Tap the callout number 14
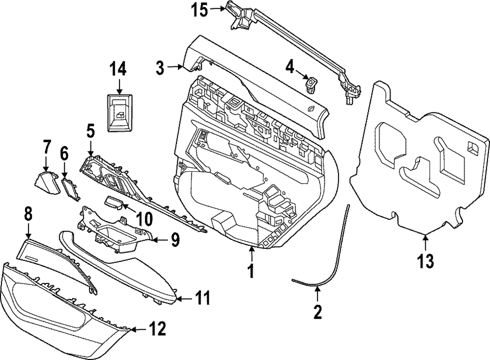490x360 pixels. [x=119, y=70]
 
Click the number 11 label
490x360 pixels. [x=202, y=297]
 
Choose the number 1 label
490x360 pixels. [x=251, y=271]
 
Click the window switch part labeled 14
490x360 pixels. [x=119, y=114]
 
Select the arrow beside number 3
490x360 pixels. [x=174, y=68]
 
